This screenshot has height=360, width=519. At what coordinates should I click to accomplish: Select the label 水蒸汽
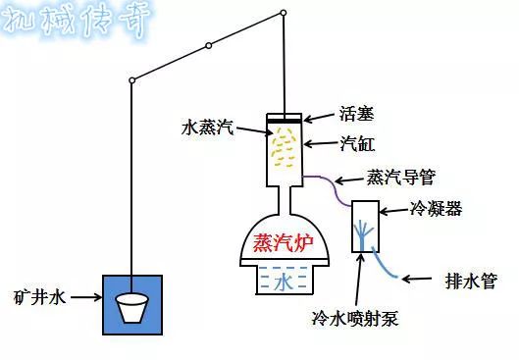(208, 128)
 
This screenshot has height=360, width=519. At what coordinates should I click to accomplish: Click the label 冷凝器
(436, 210)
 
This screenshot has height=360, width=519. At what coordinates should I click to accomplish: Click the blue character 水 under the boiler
(283, 283)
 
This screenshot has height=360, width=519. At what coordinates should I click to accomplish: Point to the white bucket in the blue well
(132, 308)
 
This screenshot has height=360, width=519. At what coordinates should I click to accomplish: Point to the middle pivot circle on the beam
(208, 45)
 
